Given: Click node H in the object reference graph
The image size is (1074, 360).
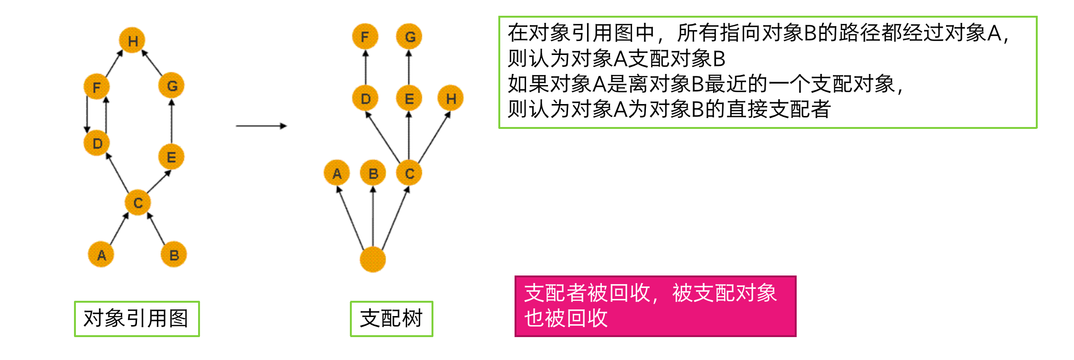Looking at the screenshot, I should coord(132,41).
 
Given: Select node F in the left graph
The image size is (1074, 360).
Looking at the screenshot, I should coord(96,87).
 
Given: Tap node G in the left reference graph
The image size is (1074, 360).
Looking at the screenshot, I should coord(171,85).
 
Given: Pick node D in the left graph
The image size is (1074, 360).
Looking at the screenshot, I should coord(96,143).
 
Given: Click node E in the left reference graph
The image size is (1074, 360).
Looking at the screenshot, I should coord(171,157).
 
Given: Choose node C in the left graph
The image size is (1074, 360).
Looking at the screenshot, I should coord(137,202).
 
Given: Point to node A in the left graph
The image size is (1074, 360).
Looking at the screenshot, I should coord(101,254).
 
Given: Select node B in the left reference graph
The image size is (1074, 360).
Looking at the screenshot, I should coord(174,254).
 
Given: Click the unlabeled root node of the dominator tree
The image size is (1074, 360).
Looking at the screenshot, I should coord(372,259).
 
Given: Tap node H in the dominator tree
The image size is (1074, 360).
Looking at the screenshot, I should coord(451,98).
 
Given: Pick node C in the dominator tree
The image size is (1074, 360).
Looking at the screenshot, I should coord(409,173).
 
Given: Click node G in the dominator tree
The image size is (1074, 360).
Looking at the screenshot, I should coord(409,36).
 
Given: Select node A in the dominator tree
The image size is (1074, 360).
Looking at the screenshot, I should coord(337,173).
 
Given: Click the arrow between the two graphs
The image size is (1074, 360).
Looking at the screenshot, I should coord(261,126).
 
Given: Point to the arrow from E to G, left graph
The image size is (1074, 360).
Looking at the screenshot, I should coord(171,121).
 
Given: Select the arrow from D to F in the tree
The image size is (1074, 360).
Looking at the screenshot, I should coord(366,67).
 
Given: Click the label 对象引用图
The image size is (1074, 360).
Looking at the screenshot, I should coord(137,318).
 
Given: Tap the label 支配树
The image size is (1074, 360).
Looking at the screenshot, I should coord(391,318).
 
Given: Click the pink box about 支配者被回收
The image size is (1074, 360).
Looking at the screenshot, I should coord(655,306).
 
